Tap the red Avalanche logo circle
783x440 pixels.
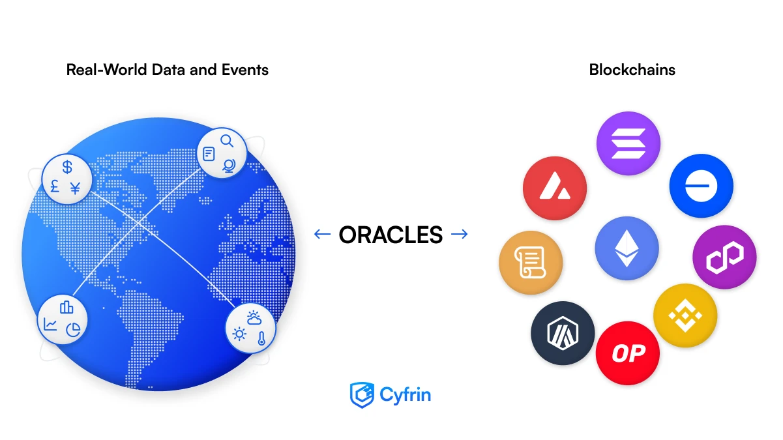pos(555,188)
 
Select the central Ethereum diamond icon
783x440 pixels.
pos(627,249)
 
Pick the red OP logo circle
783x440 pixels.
pos(628,353)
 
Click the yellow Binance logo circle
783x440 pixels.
pos(685,315)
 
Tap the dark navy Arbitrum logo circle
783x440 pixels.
pos(563,333)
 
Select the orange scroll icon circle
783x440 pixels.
pos(531,264)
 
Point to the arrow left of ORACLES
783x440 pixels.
pos(322,234)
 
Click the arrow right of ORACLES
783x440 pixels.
pos(460,234)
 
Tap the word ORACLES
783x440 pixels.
pos(391,234)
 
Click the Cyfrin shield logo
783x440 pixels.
pos(361,394)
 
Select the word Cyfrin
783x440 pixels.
pos(406,394)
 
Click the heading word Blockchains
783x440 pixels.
pos(632,70)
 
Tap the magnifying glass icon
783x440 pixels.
pos(226,140)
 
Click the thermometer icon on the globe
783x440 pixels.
pos(261,338)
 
